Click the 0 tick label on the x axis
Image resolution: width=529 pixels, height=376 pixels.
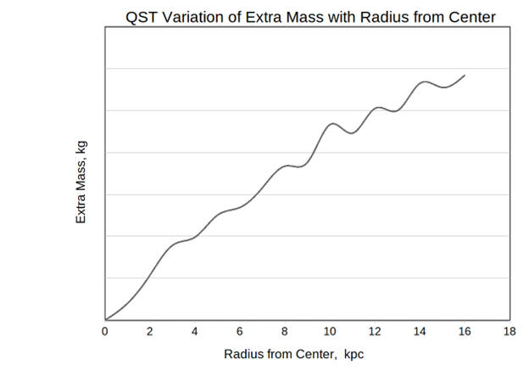pos(105,331)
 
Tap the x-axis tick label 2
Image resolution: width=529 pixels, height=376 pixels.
pos(150,331)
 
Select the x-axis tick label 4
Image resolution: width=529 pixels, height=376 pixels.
pos(195,331)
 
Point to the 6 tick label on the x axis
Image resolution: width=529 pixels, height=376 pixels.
pos(240,331)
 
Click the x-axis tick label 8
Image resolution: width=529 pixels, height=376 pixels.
pos(285,331)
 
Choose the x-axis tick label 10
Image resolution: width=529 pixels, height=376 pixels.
pos(330,331)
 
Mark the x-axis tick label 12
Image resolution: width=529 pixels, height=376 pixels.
pos(375,331)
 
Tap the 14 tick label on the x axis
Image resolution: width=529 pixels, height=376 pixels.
pos(420,331)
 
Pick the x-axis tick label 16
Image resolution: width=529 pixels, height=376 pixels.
pos(465,331)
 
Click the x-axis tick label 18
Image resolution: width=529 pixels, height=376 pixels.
pos(509,331)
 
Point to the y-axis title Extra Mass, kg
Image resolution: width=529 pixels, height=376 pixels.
pos(82,182)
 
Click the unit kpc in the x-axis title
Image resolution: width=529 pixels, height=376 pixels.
pos(355,354)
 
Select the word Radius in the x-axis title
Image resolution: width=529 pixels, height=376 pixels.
pos(244,354)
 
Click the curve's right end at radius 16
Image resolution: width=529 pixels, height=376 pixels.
pos(465,76)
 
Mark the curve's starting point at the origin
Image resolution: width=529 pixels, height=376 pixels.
pos(105,319)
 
